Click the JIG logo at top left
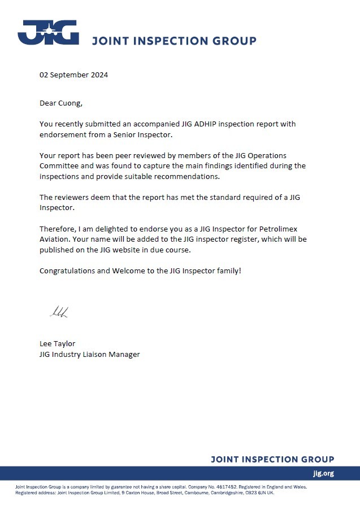coord(48,32)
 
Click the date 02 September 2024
coord(73,75)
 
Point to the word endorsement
coord(63,134)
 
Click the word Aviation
coord(55,239)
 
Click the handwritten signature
coord(58,312)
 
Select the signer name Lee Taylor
coord(57,343)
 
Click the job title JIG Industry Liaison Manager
coord(89,354)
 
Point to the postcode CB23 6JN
coord(255,492)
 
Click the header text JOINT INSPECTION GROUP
coord(174,41)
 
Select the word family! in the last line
coord(226,271)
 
